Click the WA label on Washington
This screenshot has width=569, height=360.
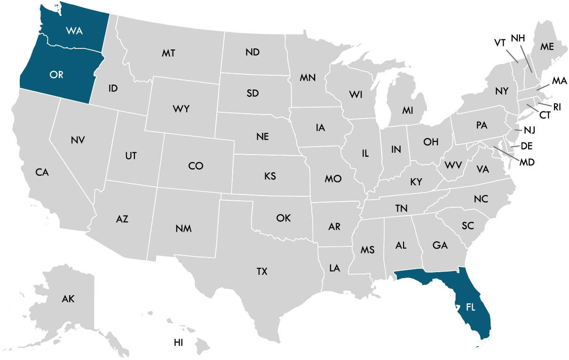coord(74,31)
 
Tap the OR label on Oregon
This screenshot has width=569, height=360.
coord(56,75)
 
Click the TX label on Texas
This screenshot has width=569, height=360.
coord(262,271)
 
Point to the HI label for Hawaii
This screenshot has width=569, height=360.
coord(178,343)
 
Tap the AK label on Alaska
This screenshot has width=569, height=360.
coord(68,298)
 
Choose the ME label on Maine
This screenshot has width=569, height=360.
coord(547,47)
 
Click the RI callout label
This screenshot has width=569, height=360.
coord(557,107)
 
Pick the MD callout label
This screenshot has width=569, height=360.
coord(527,162)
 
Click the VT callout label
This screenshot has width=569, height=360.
coord(500,43)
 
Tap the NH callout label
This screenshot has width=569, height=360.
coord(518,38)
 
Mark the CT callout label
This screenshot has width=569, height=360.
coord(545,115)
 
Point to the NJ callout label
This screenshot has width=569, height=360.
coord(529,130)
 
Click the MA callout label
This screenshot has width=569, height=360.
coord(559,81)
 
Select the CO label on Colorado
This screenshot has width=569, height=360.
coord(196,165)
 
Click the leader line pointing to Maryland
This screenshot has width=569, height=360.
coord(506,154)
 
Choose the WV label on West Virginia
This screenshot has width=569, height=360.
coord(453,165)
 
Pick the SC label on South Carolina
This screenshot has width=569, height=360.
coord(467,226)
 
